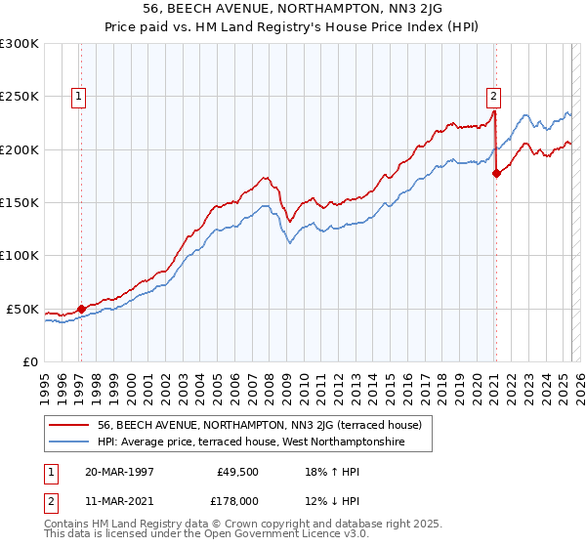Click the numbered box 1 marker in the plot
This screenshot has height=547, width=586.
[77, 96]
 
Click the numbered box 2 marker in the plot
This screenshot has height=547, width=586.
[494, 96]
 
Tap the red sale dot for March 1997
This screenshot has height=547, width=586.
[81, 309]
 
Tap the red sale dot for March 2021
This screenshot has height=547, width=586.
[496, 174]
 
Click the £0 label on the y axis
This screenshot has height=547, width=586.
[29, 362]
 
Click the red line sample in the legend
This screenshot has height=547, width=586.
[68, 425]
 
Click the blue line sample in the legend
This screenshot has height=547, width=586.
[68, 442]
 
